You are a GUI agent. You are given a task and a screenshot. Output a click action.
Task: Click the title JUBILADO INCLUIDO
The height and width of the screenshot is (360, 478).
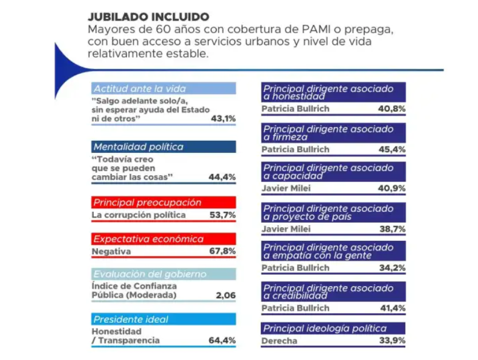tap(149, 17)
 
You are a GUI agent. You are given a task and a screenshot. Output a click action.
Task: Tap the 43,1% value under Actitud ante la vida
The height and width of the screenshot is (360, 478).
tap(224, 118)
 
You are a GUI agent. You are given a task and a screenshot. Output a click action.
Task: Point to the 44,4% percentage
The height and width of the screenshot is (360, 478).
tap(222, 177)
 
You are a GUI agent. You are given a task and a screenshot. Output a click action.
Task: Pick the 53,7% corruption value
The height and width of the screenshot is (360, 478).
tap(222, 215)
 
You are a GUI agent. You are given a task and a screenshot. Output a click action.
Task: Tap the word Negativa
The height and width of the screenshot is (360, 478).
tap(111, 251)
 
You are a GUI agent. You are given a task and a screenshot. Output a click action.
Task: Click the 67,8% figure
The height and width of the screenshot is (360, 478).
tap(222, 251)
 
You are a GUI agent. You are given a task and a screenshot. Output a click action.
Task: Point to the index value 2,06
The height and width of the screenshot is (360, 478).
tap(226, 295)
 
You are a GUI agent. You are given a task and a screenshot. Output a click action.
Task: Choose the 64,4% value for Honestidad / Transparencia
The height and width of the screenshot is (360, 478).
tap(222, 340)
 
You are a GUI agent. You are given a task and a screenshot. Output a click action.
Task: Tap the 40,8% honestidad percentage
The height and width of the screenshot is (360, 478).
tap(392, 109)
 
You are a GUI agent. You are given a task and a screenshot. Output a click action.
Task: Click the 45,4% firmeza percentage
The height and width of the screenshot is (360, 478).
tap(392, 149)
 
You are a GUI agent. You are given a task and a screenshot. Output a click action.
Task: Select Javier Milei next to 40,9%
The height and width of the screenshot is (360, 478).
tap(286, 188)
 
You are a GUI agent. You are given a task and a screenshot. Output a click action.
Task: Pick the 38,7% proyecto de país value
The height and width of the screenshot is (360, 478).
tap(393, 229)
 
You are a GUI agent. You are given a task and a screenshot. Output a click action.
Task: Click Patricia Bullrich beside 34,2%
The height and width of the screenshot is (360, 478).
tap(296, 268)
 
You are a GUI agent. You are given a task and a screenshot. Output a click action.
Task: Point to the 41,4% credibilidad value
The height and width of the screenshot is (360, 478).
tap(393, 308)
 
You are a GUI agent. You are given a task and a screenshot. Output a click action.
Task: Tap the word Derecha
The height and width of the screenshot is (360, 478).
tap(279, 341)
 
